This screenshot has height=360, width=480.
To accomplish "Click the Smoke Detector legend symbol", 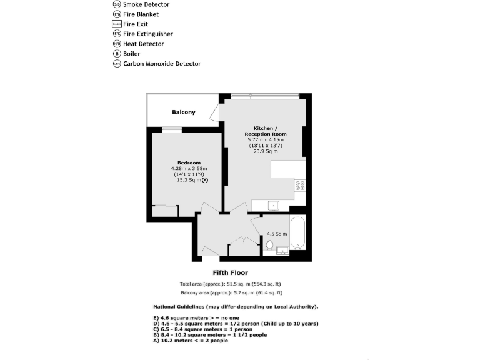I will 117,4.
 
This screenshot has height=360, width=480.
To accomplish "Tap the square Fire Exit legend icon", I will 117,24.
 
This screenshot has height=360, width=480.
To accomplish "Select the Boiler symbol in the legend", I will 117,54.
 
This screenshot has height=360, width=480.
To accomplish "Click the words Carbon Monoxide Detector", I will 162,64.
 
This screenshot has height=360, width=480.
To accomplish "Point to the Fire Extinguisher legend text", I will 148,34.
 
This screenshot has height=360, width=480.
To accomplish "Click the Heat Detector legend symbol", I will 117,44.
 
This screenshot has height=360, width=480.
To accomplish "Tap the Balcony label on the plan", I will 184,112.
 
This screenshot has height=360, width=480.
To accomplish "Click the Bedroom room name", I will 189,163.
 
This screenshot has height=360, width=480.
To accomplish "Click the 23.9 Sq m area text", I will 265,151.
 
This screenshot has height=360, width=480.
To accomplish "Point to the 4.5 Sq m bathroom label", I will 277,234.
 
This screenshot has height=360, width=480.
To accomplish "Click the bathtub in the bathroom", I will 297,232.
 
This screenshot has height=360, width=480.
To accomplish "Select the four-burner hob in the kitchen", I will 299,185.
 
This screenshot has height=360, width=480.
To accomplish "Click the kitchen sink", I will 273,205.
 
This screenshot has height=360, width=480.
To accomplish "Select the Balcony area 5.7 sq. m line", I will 231,292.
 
